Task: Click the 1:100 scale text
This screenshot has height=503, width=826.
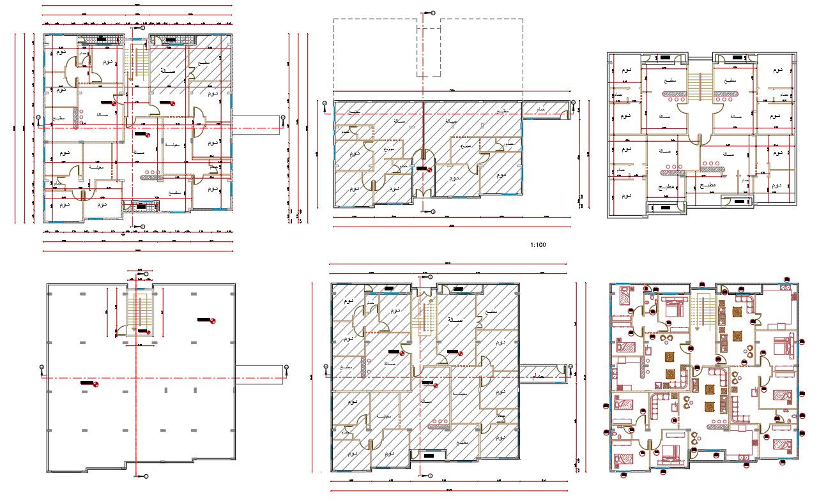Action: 538,244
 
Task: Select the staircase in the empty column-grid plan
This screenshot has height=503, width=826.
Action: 139,312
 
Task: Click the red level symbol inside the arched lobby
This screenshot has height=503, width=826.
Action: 429,169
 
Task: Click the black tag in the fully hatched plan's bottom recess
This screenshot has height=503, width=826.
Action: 429,455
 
